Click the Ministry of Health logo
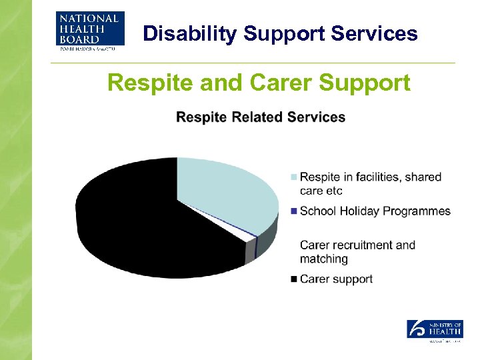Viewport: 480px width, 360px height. coord(435,329)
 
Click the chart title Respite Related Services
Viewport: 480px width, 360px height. coord(261,117)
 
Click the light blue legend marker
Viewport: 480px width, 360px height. coord(293,177)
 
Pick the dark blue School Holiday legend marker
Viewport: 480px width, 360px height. coord(293,211)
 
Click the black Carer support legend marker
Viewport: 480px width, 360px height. coord(293,279)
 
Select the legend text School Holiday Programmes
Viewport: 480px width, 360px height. coord(375,211)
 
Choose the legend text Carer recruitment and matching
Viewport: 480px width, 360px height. coord(357,252)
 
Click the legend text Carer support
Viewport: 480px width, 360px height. coord(336,279)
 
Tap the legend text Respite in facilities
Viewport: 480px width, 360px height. coord(371,177)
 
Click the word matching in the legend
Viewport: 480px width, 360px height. coord(324,259)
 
